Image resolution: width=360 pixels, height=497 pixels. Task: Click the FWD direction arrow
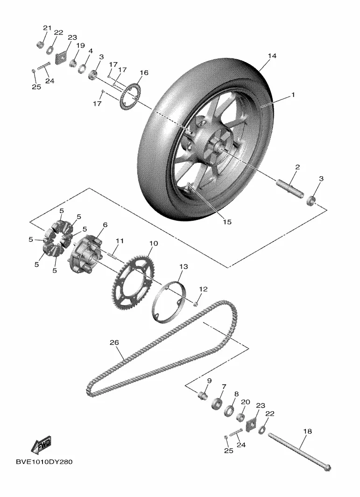tap(41, 445)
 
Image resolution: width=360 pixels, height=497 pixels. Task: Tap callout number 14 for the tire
tap(272, 56)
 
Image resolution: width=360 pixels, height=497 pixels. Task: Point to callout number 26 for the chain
tap(114, 343)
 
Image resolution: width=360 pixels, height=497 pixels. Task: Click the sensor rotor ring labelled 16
tap(131, 95)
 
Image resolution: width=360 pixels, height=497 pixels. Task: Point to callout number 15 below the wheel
tap(227, 222)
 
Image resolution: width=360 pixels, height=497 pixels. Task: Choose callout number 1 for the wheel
tap(293, 95)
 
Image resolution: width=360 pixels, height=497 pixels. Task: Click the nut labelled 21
tap(41, 45)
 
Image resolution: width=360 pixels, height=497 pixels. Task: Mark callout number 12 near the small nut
tap(203, 289)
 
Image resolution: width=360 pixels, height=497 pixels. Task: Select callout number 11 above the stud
tap(120, 241)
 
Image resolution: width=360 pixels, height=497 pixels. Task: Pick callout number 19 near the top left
tap(80, 46)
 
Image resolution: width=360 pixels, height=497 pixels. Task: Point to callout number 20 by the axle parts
tap(245, 402)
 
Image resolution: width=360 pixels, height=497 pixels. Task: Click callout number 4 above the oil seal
tap(90, 50)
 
